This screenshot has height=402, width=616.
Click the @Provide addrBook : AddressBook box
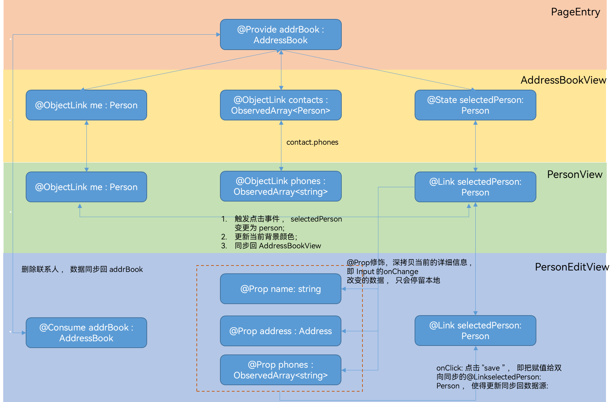tap(281, 35)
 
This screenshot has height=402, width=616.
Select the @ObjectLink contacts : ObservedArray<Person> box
tap(281, 105)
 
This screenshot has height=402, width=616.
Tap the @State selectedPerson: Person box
tap(475, 105)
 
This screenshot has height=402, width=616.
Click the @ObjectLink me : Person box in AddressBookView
tap(86, 105)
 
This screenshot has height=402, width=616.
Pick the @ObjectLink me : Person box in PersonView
tap(86, 187)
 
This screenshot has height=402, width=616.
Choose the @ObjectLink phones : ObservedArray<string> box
tap(281, 186)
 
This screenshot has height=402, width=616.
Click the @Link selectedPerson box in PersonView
tap(475, 187)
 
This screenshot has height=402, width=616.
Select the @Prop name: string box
tap(281, 289)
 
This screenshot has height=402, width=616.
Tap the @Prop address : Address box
tap(281, 331)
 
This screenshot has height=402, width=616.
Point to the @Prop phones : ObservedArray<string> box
tap(281, 370)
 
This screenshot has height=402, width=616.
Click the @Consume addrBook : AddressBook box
tap(86, 333)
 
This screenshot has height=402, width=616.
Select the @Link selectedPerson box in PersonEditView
tap(475, 331)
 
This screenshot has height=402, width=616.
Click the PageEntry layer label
tap(575, 12)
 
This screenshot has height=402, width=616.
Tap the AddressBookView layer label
tap(563, 80)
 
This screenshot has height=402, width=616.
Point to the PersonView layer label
tap(575, 174)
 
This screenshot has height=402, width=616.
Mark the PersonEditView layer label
tap(570, 267)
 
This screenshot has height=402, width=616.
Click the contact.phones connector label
tap(312, 142)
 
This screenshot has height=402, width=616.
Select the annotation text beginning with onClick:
tap(499, 377)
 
